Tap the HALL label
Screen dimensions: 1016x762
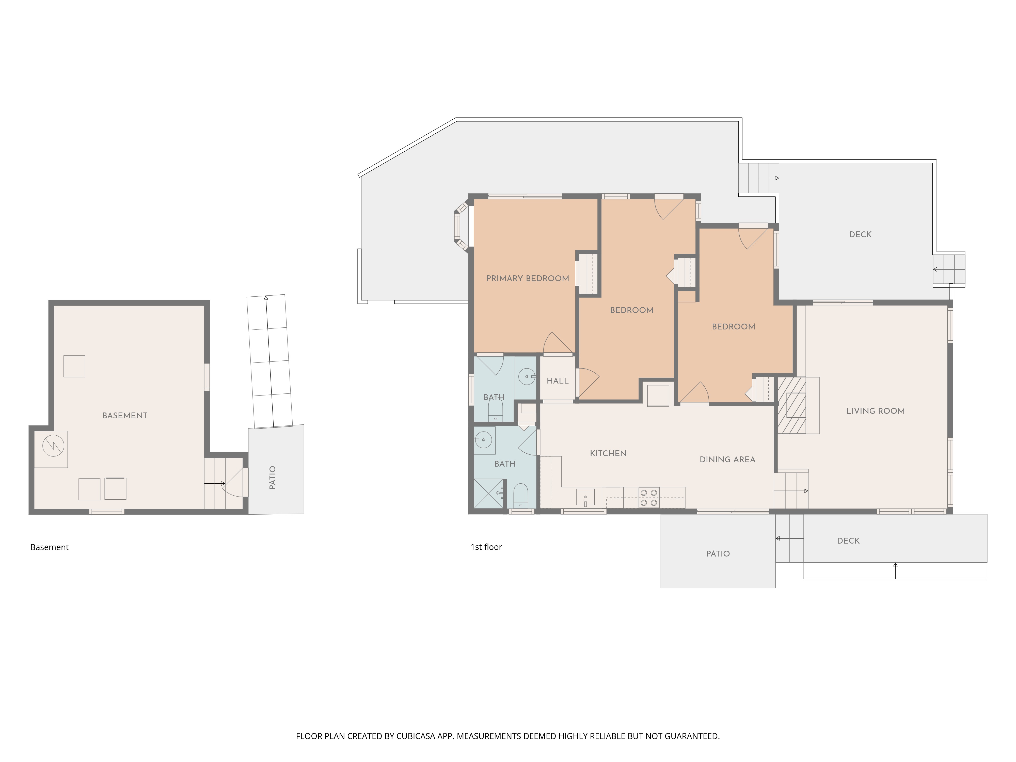(x=558, y=381)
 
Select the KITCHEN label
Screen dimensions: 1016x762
(x=608, y=453)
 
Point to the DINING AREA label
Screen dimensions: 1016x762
(x=727, y=459)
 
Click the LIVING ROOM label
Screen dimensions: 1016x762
(x=876, y=411)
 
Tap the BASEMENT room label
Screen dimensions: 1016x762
(x=125, y=416)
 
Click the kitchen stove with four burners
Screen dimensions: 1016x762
(x=648, y=497)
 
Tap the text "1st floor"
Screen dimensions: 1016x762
(x=486, y=547)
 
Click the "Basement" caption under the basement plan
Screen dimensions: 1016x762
(x=49, y=547)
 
